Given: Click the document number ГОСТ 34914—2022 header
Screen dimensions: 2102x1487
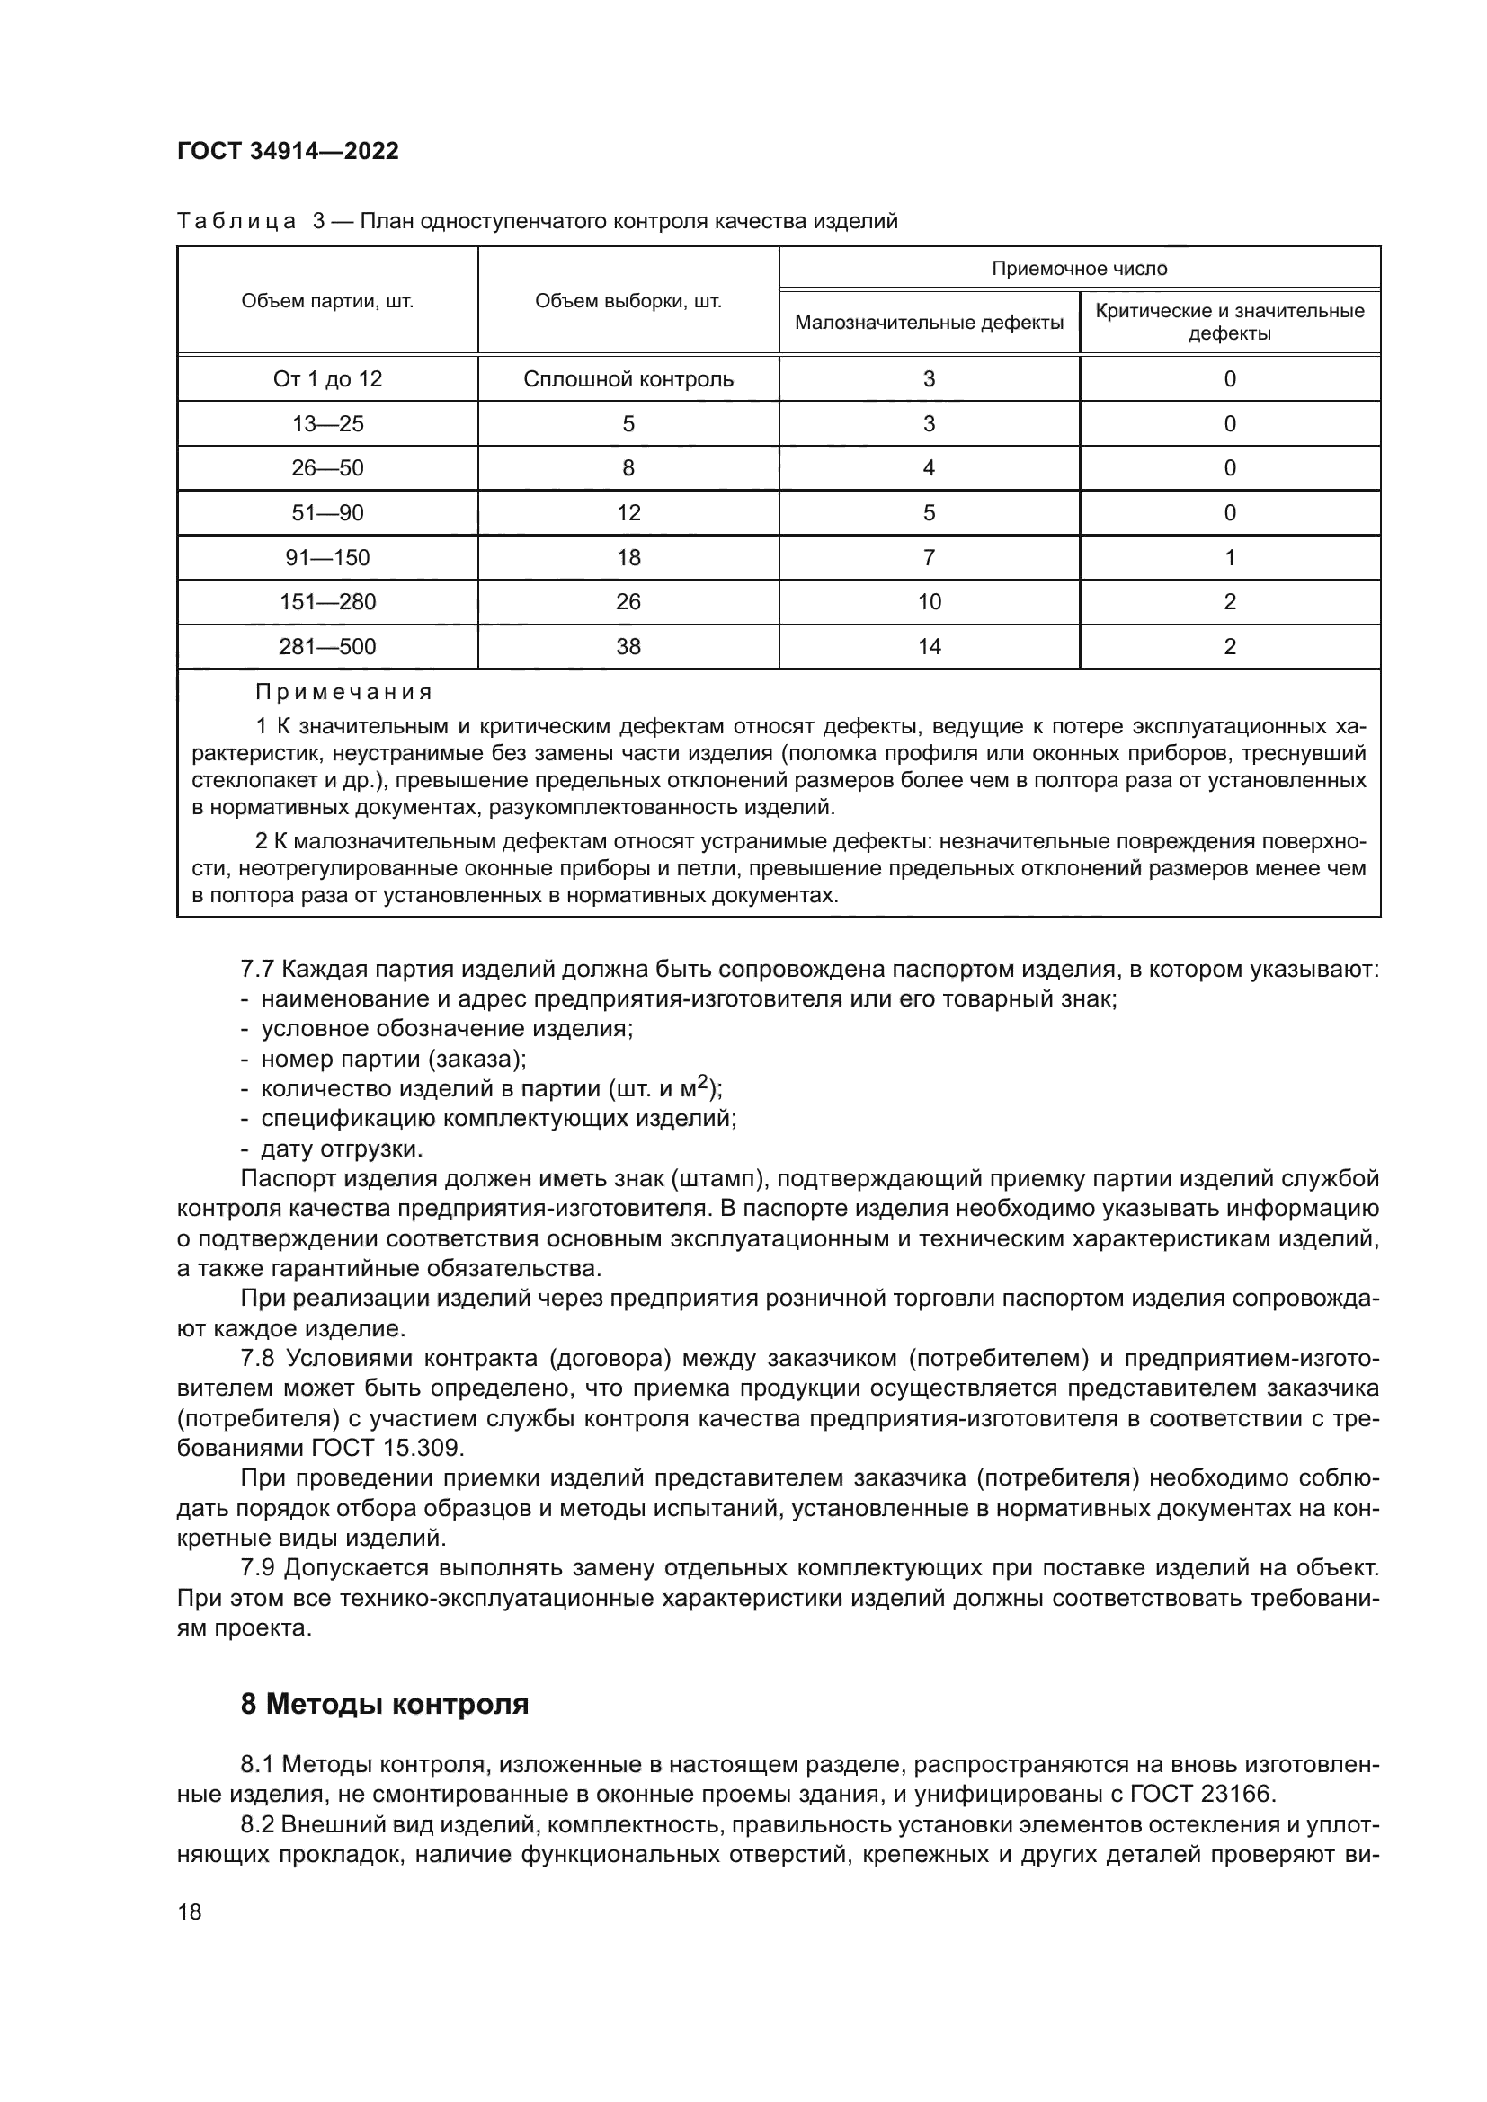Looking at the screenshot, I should [288, 152].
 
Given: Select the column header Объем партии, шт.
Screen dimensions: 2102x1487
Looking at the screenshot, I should [327, 301].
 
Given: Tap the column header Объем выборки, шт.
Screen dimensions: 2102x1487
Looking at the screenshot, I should [628, 301].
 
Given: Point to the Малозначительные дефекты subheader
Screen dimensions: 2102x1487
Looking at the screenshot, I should [929, 323].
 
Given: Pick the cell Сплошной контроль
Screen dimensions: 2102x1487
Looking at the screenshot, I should [628, 379].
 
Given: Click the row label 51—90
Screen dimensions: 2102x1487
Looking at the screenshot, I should [327, 512].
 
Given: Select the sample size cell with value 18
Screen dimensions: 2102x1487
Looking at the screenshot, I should [628, 557].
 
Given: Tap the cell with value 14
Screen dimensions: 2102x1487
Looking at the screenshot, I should [929, 647].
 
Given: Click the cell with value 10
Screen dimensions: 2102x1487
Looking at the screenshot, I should [929, 602].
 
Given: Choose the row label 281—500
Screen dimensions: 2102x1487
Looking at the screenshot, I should [327, 647].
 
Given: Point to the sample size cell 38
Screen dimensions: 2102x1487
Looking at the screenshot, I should [628, 647].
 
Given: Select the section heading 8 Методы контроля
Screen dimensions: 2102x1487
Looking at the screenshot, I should [385, 1705].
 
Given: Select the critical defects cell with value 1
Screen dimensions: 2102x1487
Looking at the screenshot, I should [1230, 557].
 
